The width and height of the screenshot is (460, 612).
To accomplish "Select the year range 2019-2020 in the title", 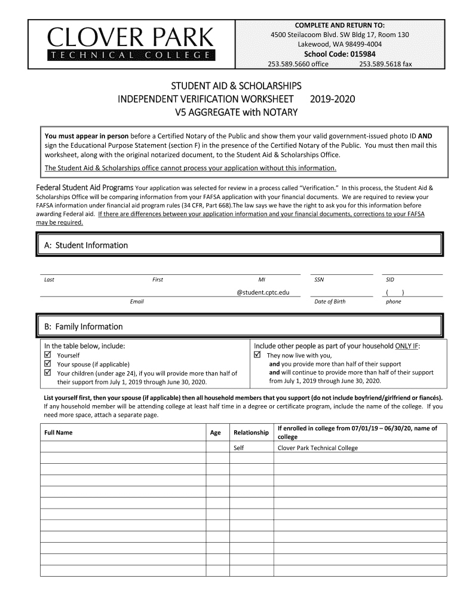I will [333, 99].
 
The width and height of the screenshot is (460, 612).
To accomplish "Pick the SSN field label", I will [319, 280].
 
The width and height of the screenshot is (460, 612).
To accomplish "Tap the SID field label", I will [390, 280].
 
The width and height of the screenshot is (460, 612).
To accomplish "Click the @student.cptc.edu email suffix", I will [263, 292].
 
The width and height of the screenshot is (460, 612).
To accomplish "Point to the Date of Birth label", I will [330, 302].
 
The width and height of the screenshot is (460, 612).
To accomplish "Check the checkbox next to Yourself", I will [49, 355].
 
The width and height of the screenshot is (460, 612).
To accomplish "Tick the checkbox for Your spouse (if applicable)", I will [49, 364].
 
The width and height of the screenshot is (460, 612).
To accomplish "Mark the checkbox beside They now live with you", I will [258, 355].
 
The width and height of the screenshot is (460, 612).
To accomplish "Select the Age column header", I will [216, 433].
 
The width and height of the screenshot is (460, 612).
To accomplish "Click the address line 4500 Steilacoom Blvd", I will [339, 35].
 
